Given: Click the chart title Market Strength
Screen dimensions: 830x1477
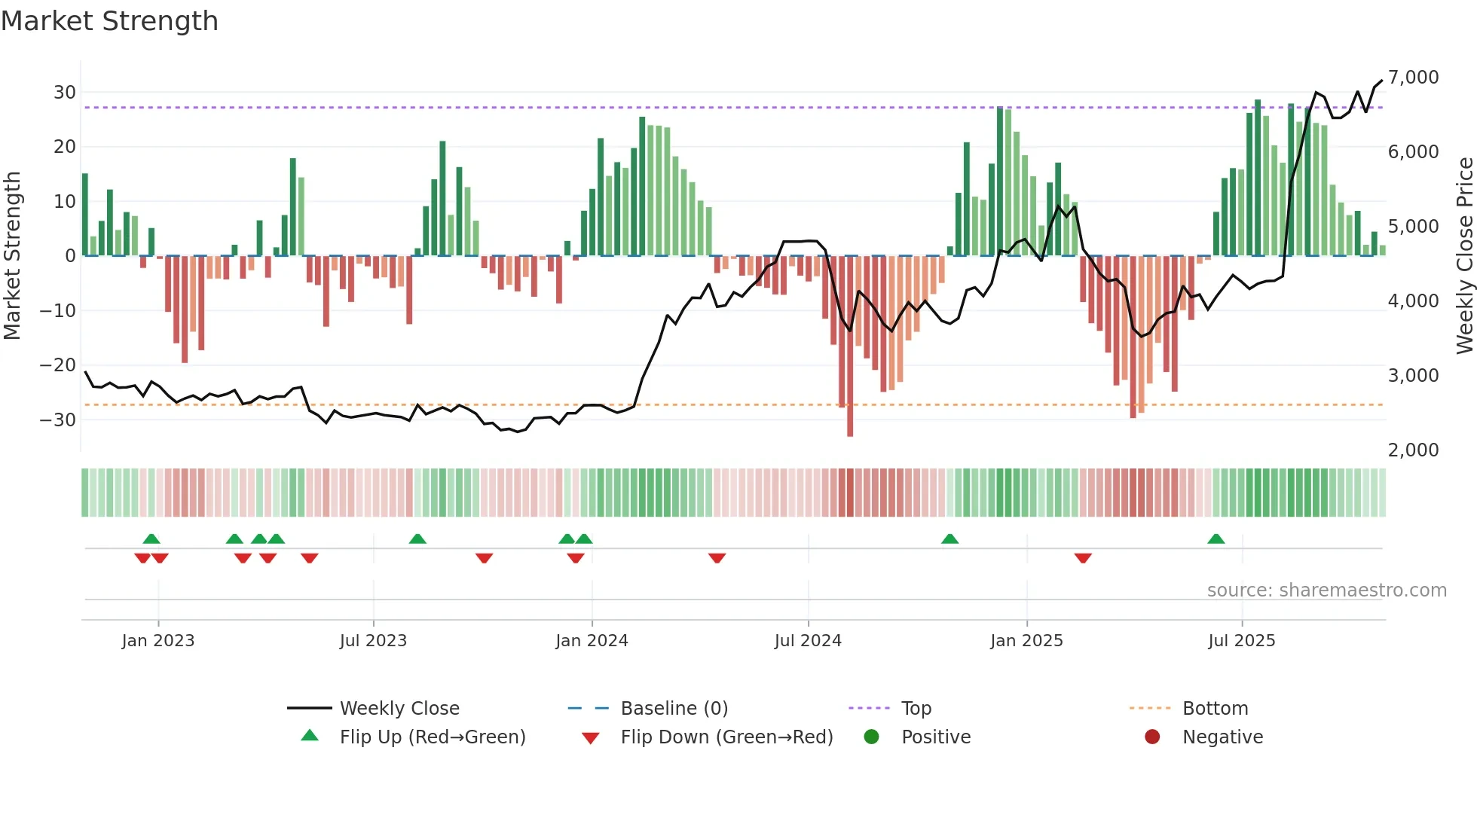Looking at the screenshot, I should click(109, 21).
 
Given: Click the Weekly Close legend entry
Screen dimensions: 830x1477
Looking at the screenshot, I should click(399, 709).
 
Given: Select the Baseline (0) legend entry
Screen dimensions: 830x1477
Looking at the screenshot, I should click(674, 709).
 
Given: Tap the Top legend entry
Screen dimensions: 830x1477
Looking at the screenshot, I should click(916, 709).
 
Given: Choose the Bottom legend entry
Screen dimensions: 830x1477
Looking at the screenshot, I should click(1215, 709).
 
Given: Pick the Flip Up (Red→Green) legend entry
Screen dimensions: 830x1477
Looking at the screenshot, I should click(432, 737).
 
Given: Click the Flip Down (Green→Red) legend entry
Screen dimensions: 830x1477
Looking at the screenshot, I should click(726, 737).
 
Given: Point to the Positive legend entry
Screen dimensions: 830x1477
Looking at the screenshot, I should click(935, 737).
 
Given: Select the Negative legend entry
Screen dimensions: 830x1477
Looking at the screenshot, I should click(1222, 737).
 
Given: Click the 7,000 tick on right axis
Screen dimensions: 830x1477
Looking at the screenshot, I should click(1413, 78).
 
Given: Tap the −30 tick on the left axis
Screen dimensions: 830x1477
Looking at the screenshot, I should click(58, 420).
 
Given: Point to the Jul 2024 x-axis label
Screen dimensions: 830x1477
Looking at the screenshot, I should click(808, 641).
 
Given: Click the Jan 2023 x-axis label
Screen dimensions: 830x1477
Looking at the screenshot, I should click(158, 641).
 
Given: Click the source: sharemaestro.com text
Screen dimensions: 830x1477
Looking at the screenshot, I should click(1326, 590).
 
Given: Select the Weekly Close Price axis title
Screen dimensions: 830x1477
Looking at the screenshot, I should click(1464, 256).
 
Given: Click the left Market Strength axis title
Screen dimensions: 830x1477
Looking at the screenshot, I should click(12, 256).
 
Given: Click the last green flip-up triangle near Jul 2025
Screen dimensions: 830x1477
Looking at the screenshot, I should click(1216, 539).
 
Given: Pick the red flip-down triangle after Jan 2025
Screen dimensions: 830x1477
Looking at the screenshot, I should click(1083, 558).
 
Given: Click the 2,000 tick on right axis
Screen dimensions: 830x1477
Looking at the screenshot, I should click(1413, 450).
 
